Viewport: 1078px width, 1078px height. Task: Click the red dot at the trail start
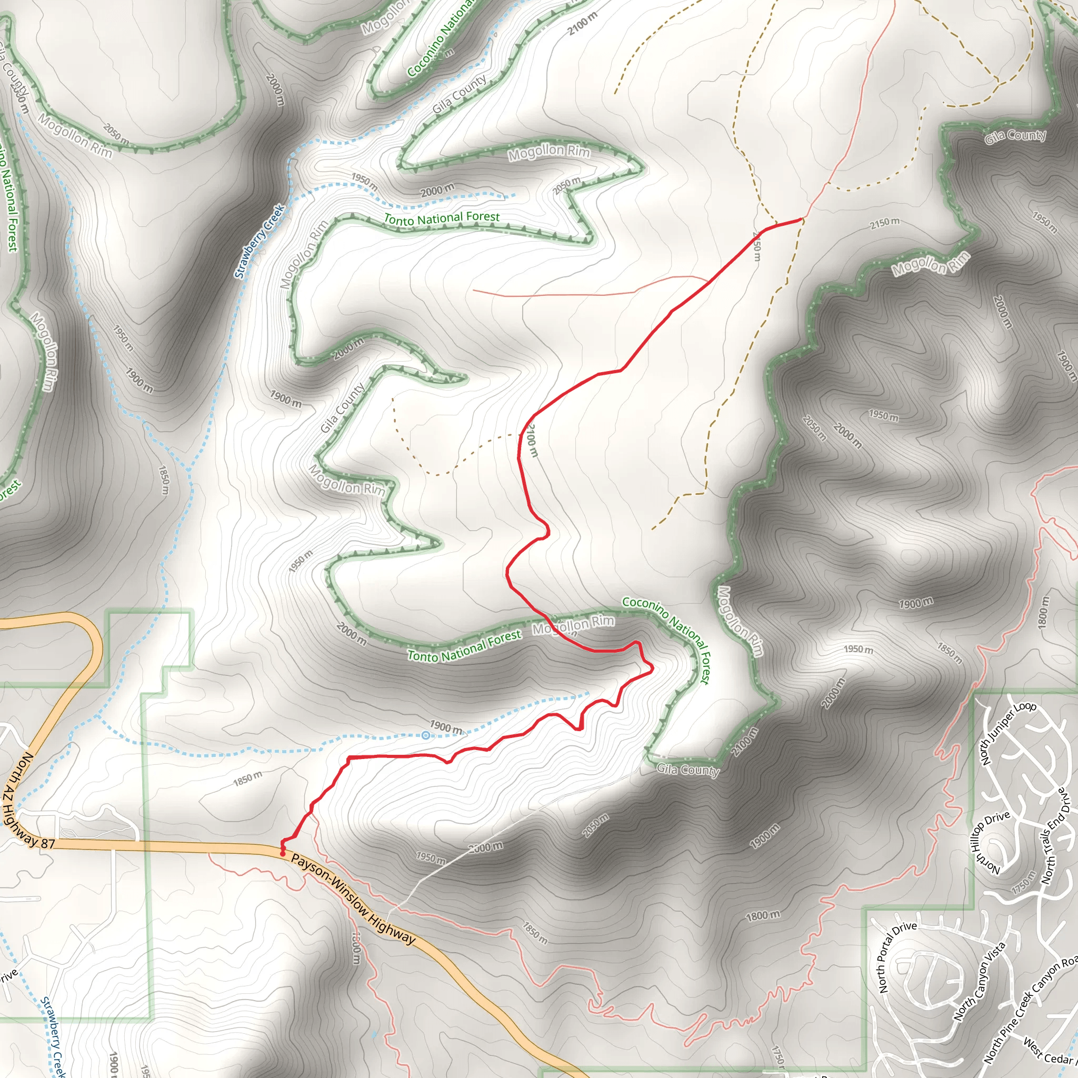(x=283, y=854)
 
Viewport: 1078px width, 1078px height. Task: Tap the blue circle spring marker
(x=426, y=735)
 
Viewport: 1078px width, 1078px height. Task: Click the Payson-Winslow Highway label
(x=353, y=899)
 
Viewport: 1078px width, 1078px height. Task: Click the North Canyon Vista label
(x=979, y=982)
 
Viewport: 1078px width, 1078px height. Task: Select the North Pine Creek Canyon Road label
(x=1030, y=1009)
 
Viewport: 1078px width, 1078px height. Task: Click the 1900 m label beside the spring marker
(x=445, y=727)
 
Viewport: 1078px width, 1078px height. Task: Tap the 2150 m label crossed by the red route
(x=756, y=245)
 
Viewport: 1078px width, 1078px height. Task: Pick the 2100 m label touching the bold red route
(x=531, y=440)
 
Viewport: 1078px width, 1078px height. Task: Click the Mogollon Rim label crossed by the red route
(x=573, y=625)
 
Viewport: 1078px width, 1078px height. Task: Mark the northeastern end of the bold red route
(x=802, y=219)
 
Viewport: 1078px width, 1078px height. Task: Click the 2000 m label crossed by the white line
(x=485, y=847)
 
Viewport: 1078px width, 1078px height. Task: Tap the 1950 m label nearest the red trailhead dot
(x=431, y=857)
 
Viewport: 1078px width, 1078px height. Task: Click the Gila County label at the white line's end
(x=687, y=770)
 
